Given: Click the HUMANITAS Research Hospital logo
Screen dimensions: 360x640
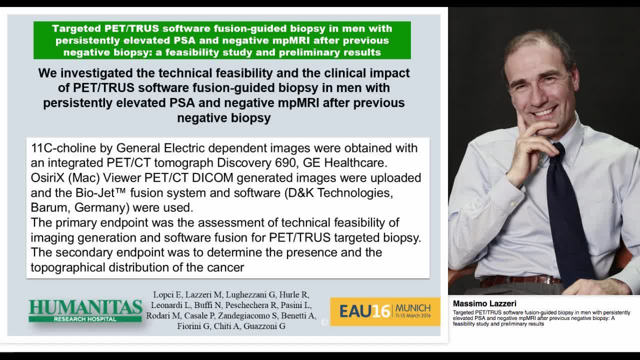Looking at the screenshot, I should click(85, 310).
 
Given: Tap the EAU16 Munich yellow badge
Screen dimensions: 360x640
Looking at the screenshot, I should click(385, 311).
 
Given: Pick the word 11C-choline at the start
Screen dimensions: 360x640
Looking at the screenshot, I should click(59, 148).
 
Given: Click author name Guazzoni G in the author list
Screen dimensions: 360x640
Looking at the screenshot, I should click(264, 326).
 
